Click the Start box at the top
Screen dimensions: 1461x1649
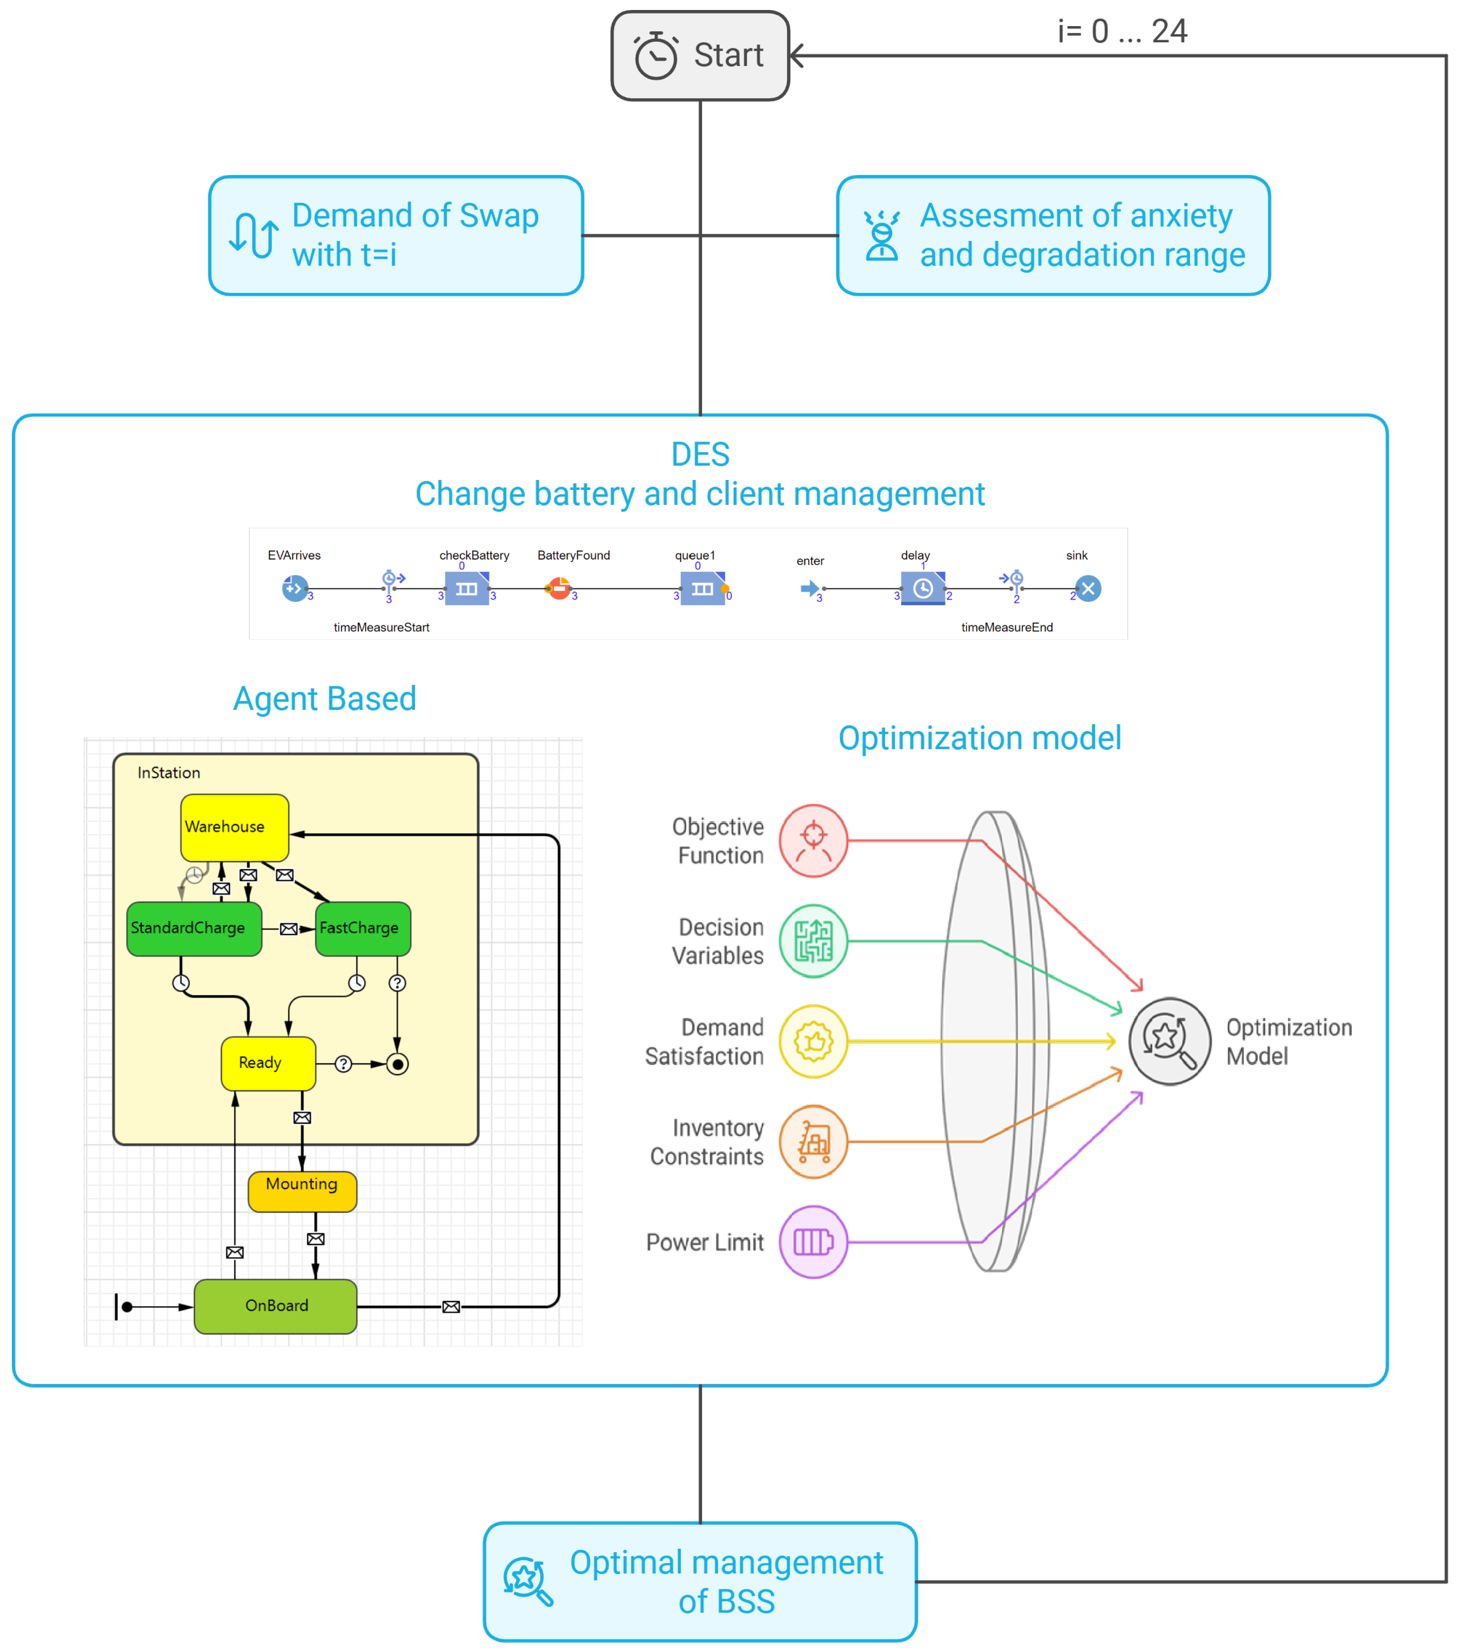coord(700,55)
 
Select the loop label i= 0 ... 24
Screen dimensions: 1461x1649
coord(1122,31)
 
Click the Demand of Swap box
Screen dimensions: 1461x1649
coord(396,236)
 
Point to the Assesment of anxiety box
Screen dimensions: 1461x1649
coord(1054,236)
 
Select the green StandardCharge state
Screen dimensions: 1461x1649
coord(194,929)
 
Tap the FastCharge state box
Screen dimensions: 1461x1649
coord(363,929)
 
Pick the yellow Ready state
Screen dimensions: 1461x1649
coord(268,1063)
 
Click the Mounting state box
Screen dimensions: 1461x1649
coord(303,1191)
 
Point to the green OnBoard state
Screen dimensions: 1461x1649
coord(276,1306)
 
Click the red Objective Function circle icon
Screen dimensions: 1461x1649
coord(813,841)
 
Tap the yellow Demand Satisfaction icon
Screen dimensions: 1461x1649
coord(813,1041)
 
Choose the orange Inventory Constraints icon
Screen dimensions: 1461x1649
coord(813,1142)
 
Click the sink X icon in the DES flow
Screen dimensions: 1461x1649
coord(1088,589)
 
